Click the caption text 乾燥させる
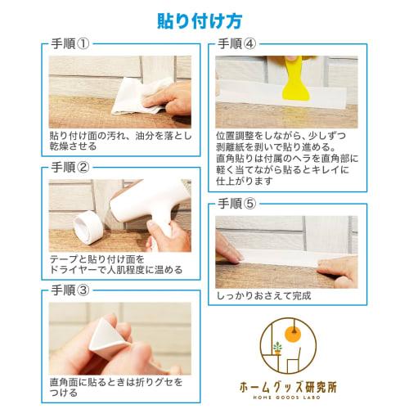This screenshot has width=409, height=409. (x=73, y=146)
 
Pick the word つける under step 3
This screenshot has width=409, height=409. (x=61, y=393)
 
